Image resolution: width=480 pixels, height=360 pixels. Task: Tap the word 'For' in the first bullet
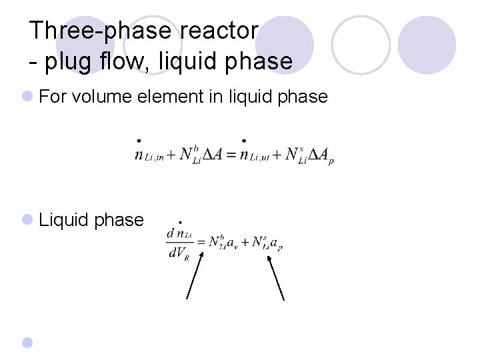53,97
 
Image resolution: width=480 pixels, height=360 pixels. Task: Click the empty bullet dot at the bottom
27,343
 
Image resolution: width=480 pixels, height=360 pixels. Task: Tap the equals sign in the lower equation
201,242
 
